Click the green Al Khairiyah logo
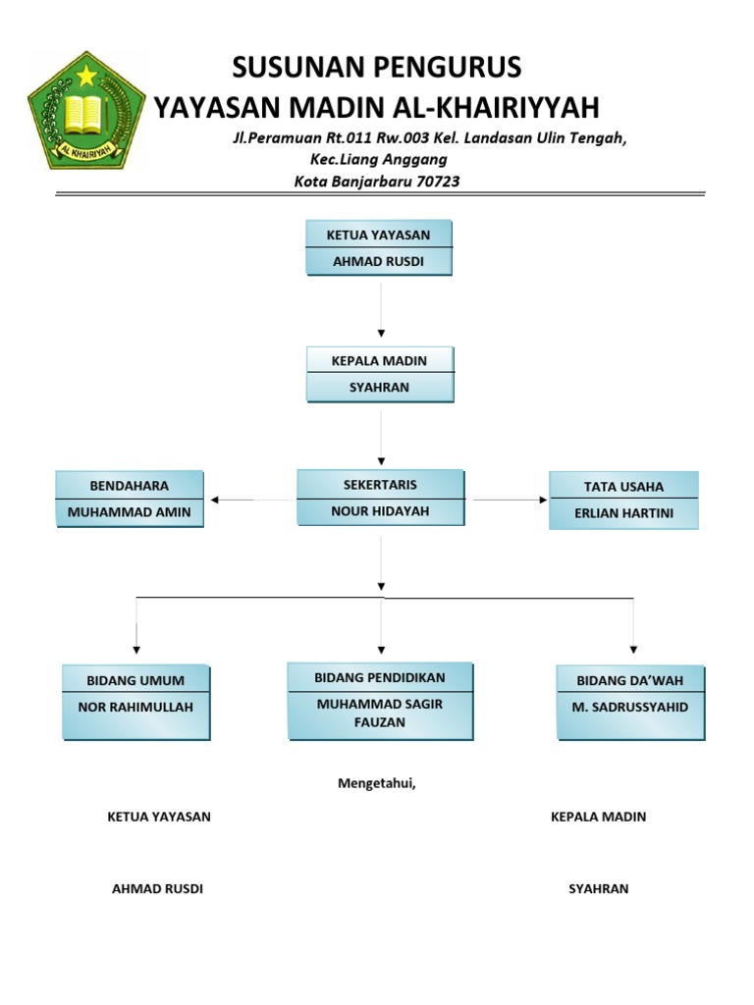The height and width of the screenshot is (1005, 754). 85,110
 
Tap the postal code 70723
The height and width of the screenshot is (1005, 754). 439,181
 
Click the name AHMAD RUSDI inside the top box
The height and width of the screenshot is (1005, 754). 379,262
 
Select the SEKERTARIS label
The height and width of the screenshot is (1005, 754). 379,485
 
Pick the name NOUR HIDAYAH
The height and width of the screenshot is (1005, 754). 379,511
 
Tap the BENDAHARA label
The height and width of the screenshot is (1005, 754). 130,486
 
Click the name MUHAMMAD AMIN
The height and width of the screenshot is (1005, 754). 130,512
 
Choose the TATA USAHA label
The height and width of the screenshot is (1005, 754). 623,487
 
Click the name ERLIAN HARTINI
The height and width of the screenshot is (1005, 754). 623,513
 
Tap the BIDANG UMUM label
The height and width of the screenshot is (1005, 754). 135,680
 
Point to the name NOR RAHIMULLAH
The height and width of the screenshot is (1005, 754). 135,707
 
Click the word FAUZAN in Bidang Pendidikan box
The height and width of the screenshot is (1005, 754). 380,721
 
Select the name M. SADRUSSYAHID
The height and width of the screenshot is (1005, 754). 630,707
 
